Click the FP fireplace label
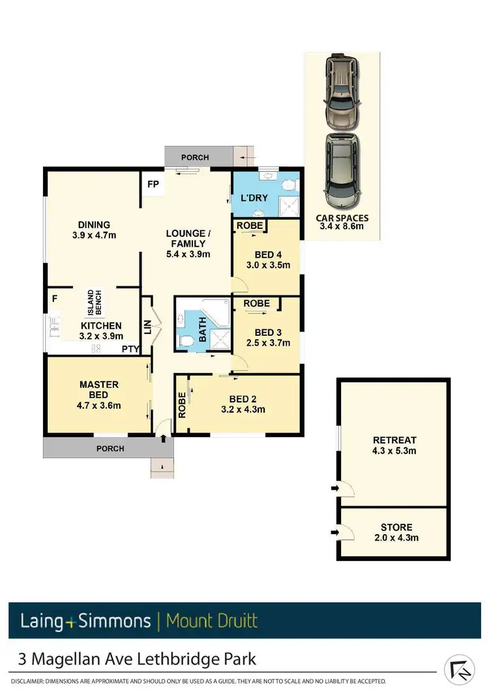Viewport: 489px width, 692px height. (153, 185)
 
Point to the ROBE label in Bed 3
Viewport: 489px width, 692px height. (256, 304)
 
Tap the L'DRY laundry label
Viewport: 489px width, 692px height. (251, 197)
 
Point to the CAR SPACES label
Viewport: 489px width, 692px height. (342, 218)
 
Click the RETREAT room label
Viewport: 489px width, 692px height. (394, 440)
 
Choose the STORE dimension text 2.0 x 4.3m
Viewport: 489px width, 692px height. (396, 538)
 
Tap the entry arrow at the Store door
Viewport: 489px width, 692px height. (335, 534)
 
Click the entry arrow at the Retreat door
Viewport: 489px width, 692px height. (335, 487)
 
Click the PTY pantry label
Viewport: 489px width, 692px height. (130, 349)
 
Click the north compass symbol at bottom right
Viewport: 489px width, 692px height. (460, 670)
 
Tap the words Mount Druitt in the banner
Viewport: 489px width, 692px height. (212, 620)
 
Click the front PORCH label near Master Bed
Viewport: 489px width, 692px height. (110, 449)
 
